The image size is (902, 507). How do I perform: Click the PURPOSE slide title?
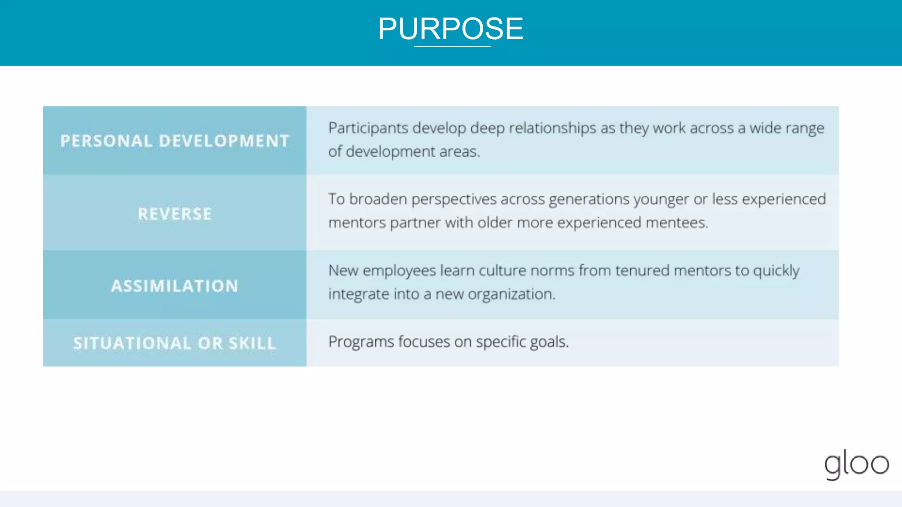(x=451, y=29)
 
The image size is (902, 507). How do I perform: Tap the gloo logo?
(x=857, y=464)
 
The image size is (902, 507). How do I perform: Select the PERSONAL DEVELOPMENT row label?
(x=175, y=141)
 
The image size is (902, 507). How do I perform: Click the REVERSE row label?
(x=175, y=214)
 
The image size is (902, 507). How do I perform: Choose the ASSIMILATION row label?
(x=175, y=286)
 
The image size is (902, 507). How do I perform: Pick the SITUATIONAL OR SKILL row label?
(x=175, y=343)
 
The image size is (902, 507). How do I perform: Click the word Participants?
(x=368, y=129)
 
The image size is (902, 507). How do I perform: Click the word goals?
(x=549, y=342)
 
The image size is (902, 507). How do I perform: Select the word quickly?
(x=776, y=271)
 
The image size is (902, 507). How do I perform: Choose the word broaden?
(x=378, y=199)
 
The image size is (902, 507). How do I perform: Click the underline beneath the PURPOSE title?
(x=452, y=46)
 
